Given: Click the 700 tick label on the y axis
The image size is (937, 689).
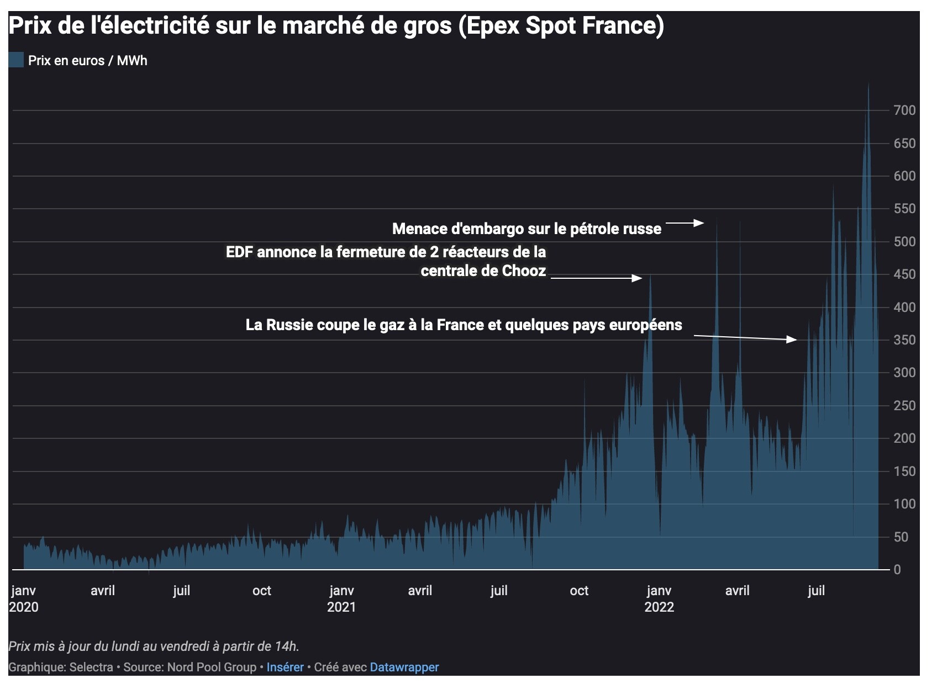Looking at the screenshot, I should pos(904,110).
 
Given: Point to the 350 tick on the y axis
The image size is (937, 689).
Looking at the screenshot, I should pos(904,340).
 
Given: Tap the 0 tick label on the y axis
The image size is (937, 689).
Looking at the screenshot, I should pos(897,570).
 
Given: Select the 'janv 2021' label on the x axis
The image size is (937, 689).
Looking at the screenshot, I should pos(341,599).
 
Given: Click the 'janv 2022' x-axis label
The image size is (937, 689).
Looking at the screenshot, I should pos(659,599).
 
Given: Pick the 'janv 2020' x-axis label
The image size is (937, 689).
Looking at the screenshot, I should pos(24,599).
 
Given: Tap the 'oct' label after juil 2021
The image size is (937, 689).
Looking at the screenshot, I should pos(579,591).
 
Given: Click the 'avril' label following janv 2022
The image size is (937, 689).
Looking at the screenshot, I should pos(737,591).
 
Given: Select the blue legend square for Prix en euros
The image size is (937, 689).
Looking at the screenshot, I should pos(16,60).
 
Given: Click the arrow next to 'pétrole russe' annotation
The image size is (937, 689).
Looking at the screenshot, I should pos(685,223).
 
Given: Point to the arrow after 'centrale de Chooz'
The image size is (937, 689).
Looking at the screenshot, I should pos(597,278).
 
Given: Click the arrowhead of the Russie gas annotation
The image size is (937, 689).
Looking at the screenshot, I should pos(792,340).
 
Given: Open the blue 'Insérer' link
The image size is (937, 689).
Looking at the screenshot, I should pos(285,667).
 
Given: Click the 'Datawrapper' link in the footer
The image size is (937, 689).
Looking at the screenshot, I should pos(404,667).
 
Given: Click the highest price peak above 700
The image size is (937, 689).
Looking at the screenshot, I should pos(868,84).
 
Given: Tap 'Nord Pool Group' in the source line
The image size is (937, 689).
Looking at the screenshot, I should pos(212,667).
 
